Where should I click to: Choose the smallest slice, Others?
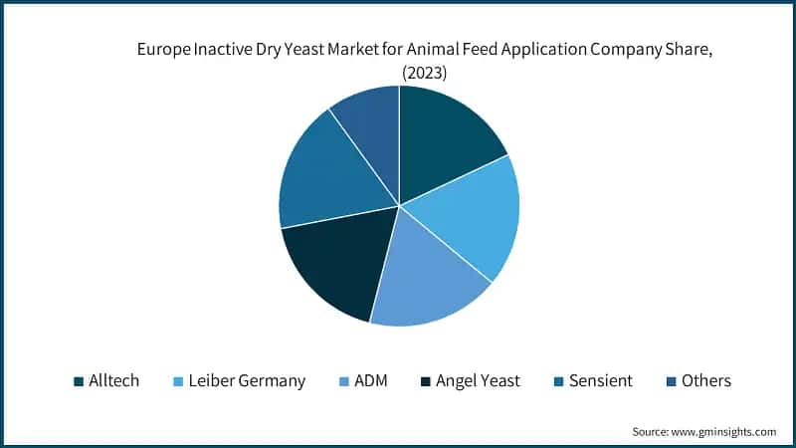(368, 119)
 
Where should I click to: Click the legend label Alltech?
(113, 380)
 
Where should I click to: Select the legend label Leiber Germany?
(247, 380)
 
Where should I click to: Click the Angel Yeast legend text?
(478, 380)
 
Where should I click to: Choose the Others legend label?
(706, 380)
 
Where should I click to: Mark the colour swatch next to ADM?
(343, 381)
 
